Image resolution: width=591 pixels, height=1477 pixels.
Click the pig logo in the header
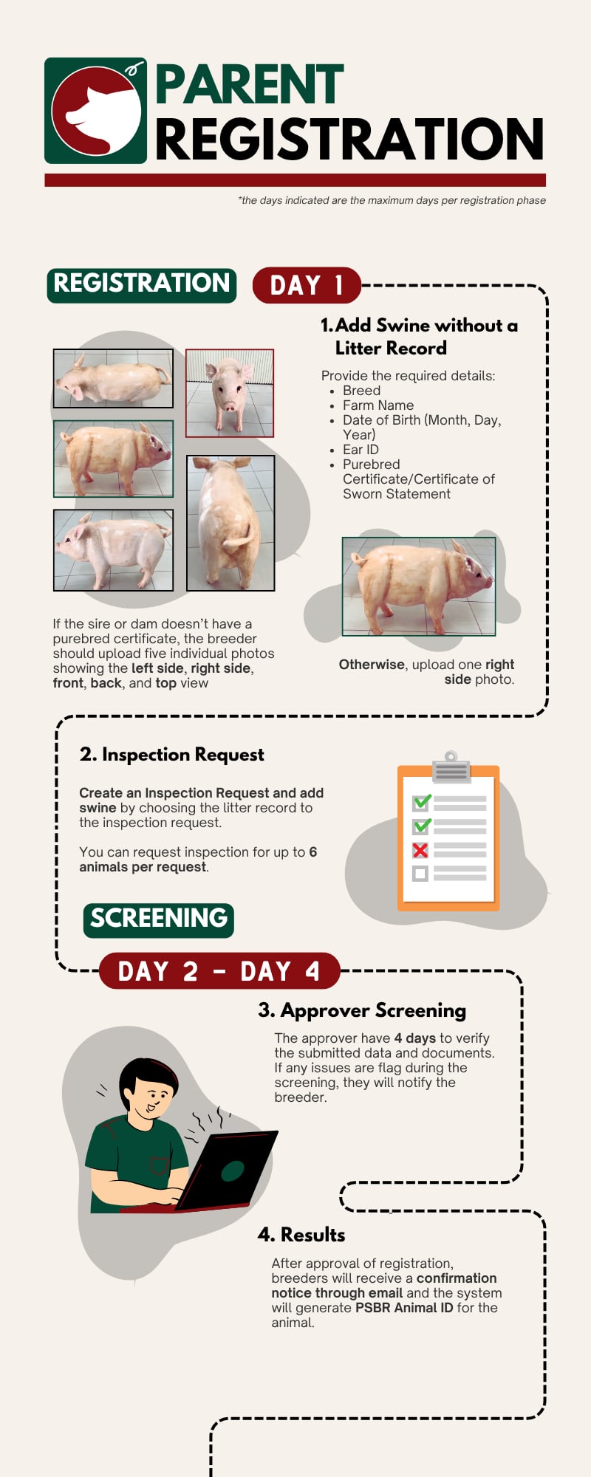96,111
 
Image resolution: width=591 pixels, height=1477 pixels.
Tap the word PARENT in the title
250,85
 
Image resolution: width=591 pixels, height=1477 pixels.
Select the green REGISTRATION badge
142,285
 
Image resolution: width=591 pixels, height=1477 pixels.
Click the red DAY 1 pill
307,285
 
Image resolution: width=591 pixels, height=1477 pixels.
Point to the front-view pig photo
230,393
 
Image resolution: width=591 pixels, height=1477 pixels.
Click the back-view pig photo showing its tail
230,523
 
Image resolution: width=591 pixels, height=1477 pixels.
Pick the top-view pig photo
113,378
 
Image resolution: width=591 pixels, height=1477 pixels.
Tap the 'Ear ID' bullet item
361,450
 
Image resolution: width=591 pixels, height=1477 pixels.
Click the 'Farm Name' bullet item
378,405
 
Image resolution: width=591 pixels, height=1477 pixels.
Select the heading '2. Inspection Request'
171,755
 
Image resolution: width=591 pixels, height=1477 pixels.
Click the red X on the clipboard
420,850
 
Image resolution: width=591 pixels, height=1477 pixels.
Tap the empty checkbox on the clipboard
420,874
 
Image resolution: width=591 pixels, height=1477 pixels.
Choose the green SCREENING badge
159,920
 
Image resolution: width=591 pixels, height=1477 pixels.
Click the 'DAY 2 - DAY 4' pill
219,970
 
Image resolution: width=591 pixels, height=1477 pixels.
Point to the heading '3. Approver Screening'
362,1010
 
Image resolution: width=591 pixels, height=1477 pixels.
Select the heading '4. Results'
301,1235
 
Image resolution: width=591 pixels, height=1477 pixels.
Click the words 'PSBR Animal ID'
404,1308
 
